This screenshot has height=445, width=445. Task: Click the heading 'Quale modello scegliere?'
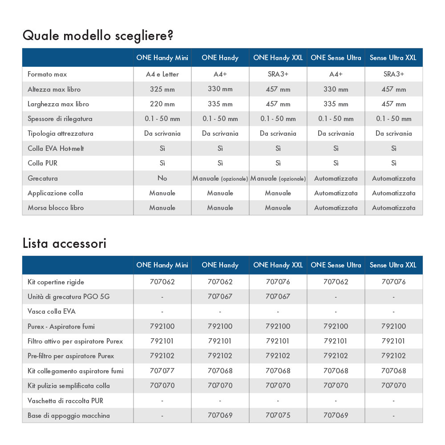pyautogui.click(x=97, y=35)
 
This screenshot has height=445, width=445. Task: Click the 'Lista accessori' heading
pyautogui.click(x=64, y=243)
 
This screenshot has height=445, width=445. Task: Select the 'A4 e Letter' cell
pyautogui.click(x=162, y=74)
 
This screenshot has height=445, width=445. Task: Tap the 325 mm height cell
pyautogui.click(x=162, y=89)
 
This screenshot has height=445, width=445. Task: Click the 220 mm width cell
pyautogui.click(x=162, y=104)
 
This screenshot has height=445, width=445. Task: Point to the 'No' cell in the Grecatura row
pyautogui.click(x=162, y=178)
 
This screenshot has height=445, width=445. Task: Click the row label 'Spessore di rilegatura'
pyautogui.click(x=61, y=119)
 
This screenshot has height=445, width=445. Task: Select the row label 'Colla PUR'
pyautogui.click(x=43, y=163)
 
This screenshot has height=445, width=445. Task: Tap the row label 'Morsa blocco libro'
pyautogui.click(x=56, y=208)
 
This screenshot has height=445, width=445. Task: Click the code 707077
pyautogui.click(x=162, y=371)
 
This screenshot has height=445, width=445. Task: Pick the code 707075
pyautogui.click(x=278, y=415)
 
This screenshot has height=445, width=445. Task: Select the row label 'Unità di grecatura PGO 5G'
pyautogui.click(x=69, y=296)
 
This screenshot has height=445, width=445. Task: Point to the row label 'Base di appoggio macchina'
pyautogui.click(x=69, y=415)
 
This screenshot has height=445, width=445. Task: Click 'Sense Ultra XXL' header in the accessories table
pyautogui.click(x=393, y=265)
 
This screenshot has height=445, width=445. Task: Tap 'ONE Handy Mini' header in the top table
pyautogui.click(x=162, y=58)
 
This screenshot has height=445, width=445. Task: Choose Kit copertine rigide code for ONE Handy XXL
pyautogui.click(x=278, y=282)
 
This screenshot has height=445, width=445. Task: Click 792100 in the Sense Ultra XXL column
pyautogui.click(x=394, y=326)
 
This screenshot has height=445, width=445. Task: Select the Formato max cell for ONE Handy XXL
pyautogui.click(x=278, y=74)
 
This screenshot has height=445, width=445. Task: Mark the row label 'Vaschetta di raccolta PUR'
pyautogui.click(x=65, y=400)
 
